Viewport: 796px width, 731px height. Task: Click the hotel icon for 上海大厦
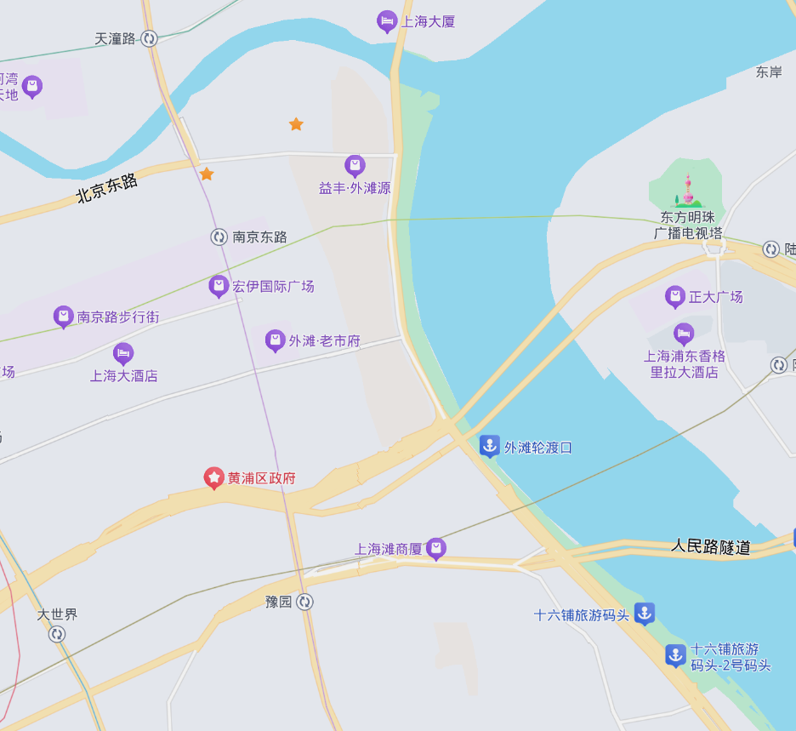387,21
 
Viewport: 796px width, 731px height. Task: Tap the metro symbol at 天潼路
150,38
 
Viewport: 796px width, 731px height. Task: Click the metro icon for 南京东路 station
219,237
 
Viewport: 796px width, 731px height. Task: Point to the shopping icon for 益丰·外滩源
355,165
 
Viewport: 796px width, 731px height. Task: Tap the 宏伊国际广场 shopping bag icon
219,286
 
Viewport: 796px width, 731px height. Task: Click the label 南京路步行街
118,317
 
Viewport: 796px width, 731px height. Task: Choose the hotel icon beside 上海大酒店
123,352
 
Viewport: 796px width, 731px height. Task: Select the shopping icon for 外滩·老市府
275,340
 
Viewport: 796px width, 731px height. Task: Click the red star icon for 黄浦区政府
213,477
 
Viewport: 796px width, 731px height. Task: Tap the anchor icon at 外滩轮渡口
489,445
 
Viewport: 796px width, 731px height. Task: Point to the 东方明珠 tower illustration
687,191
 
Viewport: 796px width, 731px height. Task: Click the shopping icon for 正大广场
675,296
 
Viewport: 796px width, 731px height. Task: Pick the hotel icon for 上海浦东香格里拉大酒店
684,333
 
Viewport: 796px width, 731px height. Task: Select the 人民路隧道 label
711,546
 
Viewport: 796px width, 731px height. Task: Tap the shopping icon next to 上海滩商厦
436,548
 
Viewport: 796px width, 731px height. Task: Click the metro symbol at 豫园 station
304,602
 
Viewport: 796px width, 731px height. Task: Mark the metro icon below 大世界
57,634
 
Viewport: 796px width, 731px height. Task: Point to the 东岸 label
769,72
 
